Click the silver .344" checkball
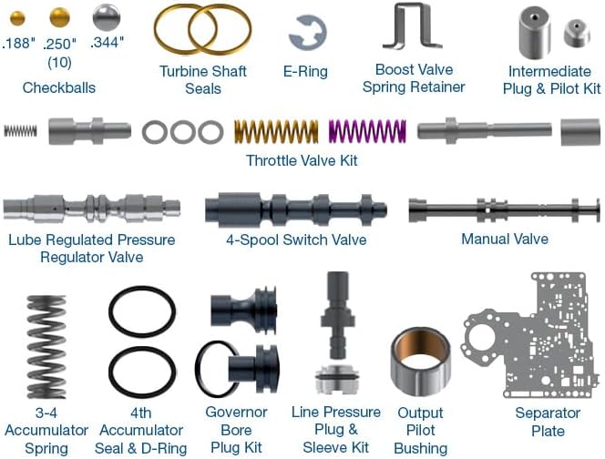point(107,17)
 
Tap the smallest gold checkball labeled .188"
point(17,18)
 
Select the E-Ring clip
point(308,33)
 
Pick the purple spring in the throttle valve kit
point(367,131)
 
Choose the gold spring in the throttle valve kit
point(276,131)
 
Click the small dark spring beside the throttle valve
point(20,131)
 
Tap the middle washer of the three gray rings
point(183,132)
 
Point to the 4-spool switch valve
point(296,209)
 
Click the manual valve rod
point(504,210)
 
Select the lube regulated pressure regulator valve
point(92,209)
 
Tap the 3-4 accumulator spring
point(46,347)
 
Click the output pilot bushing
point(420,362)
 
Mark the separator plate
point(530,335)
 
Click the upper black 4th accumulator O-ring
point(142,311)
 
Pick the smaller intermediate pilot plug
point(577,33)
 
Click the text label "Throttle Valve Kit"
point(302,160)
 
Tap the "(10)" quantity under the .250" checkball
point(59,62)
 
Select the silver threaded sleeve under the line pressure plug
point(338,380)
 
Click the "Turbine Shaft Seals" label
point(203,80)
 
